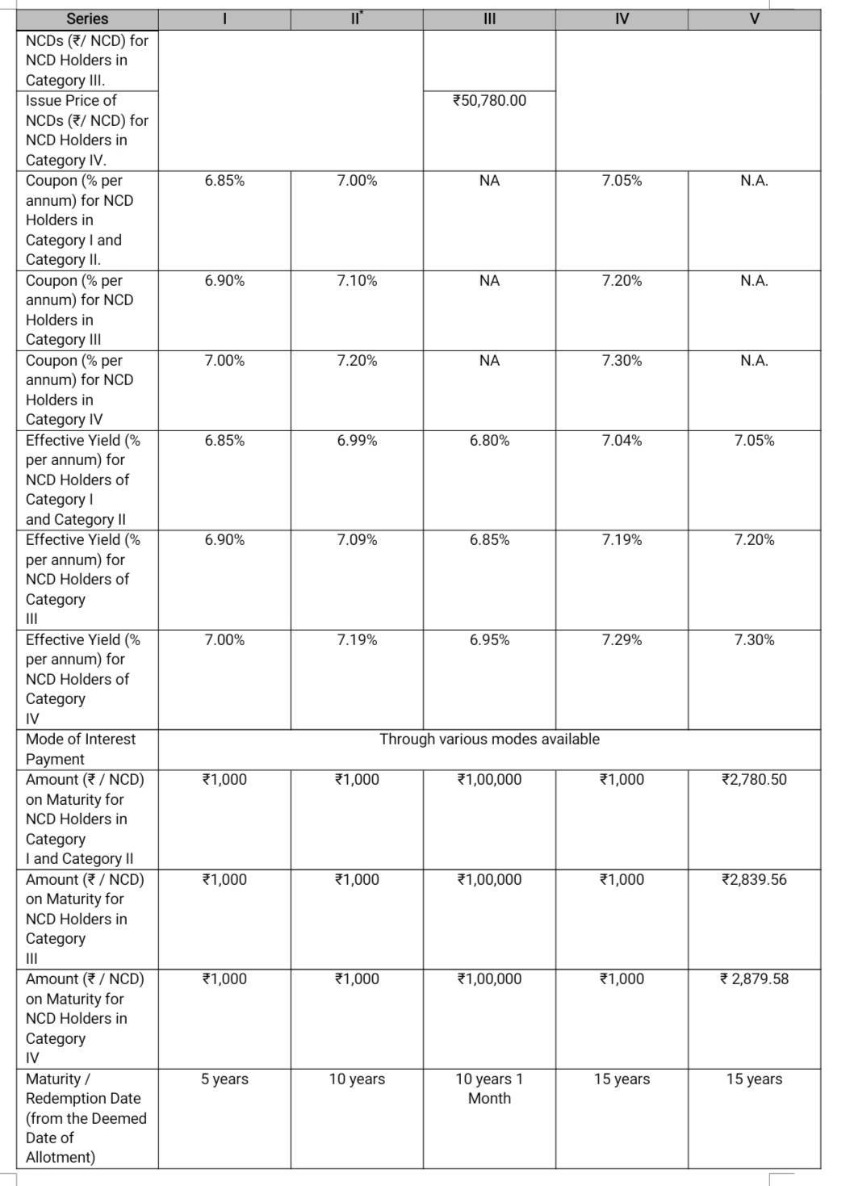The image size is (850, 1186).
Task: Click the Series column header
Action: tap(87, 19)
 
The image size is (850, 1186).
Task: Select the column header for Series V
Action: tap(754, 19)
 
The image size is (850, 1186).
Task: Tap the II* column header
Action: tap(357, 19)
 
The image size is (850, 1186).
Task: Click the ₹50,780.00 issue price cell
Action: tap(489, 101)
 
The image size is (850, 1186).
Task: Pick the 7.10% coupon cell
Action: tap(357, 281)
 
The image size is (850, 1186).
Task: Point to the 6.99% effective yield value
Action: tap(357, 441)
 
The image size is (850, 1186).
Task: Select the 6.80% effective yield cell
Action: tap(489, 441)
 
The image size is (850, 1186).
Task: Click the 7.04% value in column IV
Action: tap(622, 441)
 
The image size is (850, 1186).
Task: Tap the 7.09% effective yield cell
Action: tap(357, 540)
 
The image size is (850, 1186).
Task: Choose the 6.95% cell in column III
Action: tap(489, 640)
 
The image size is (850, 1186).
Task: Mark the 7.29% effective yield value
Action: tap(622, 640)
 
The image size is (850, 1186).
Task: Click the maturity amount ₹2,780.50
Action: tap(754, 780)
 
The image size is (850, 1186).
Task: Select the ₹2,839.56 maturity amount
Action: tap(754, 880)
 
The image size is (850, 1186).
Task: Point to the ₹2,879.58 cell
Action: tap(754, 979)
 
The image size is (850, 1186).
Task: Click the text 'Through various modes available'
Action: tap(489, 740)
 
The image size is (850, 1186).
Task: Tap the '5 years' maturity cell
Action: tap(224, 1079)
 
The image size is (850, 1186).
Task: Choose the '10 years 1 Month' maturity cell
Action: tap(489, 1088)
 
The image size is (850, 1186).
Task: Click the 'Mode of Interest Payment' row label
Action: tap(81, 749)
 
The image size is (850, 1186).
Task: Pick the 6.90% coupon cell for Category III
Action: tap(224, 281)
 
